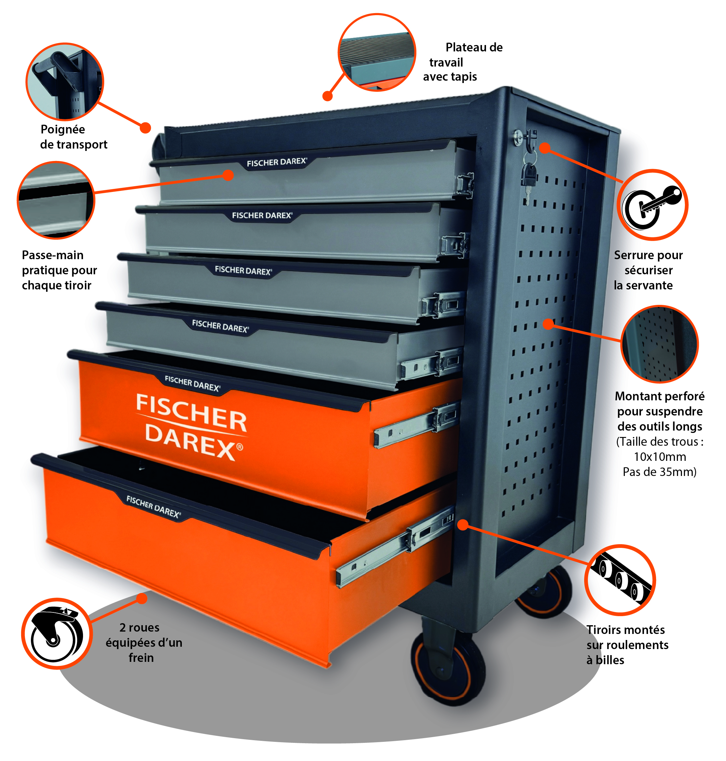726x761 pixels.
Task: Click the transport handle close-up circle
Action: tap(65, 81)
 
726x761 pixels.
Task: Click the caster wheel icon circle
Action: tap(56, 633)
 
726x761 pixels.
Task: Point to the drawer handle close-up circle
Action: tap(56, 200)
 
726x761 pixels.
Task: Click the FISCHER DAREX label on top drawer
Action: tap(277, 162)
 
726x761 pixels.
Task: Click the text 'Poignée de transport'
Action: tap(74, 137)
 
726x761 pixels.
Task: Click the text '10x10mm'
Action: tap(659, 457)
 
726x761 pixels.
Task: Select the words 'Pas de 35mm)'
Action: tap(659, 472)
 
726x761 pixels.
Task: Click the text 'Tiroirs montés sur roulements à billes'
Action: tap(627, 645)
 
